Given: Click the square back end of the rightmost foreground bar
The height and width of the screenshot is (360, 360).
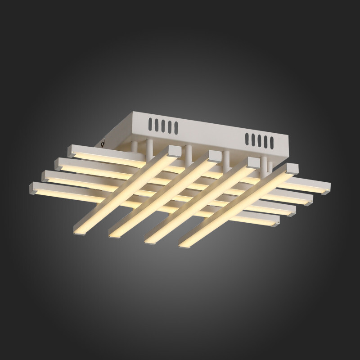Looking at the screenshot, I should click(292, 169).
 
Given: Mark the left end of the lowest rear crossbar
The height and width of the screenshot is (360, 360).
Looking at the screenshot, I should click(35, 188).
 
